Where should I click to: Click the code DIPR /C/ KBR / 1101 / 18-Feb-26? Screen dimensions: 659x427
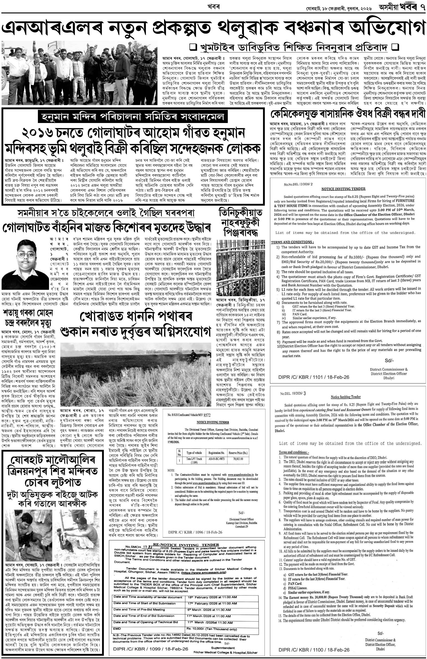coord(314,377)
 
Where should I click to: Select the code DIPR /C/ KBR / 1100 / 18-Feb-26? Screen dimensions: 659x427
coord(314,650)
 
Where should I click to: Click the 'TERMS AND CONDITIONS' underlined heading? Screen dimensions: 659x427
coord(292,242)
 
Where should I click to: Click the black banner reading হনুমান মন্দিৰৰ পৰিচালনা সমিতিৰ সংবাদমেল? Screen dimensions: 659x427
coord(133,117)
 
